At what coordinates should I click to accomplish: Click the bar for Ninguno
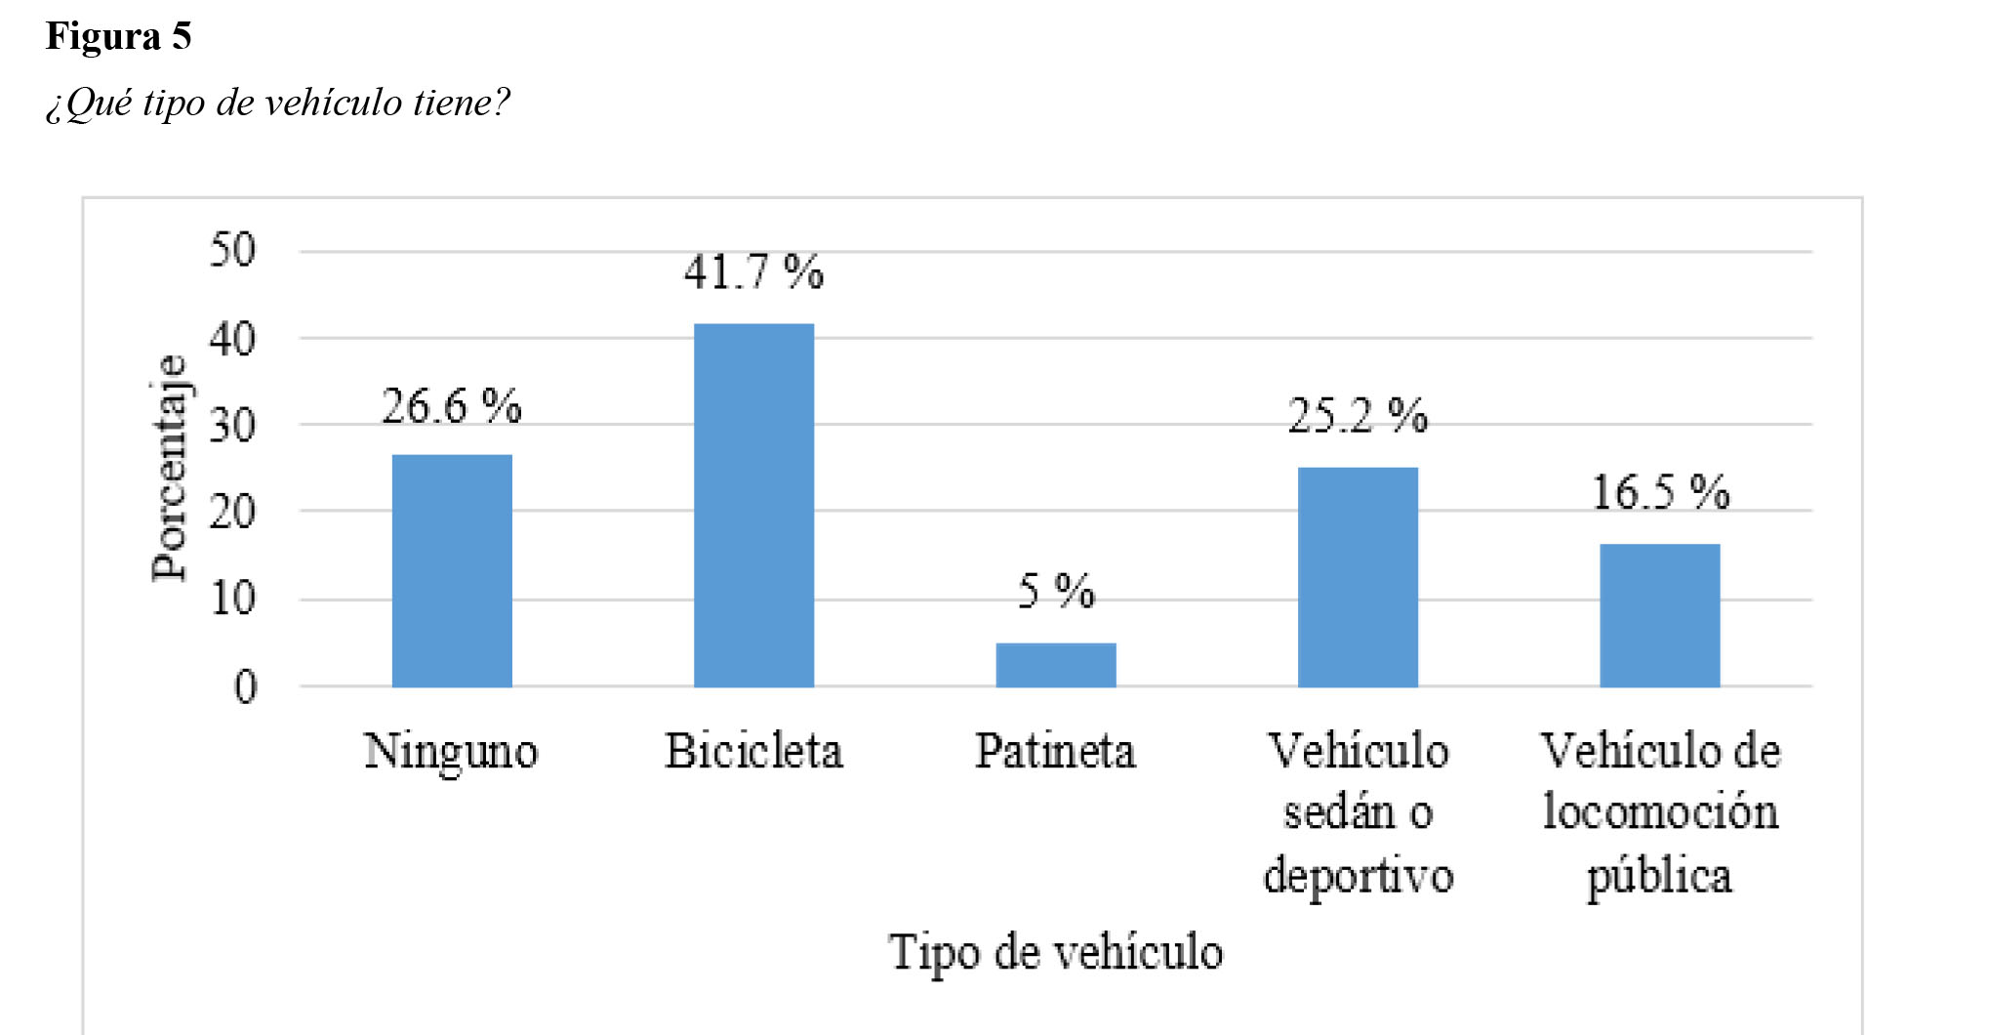[x=452, y=571]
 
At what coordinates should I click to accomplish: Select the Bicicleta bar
[x=753, y=506]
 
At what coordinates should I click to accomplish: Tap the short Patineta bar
[x=1055, y=665]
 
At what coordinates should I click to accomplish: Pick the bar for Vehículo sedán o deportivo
[x=1358, y=577]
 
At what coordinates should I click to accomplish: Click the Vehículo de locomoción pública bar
[x=1659, y=615]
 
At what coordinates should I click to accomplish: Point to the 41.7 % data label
[x=753, y=272]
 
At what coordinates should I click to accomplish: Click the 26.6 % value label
[x=451, y=406]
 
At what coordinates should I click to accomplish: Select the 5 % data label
[x=1056, y=592]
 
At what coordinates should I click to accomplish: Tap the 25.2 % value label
[x=1358, y=417]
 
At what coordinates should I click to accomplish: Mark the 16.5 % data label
[x=1660, y=492]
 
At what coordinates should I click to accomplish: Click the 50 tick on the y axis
[x=232, y=250]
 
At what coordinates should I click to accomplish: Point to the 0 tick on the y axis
[x=245, y=687]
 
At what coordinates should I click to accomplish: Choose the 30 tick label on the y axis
[x=232, y=426]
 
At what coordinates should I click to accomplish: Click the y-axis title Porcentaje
[x=169, y=469]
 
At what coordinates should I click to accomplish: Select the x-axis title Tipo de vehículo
[x=1055, y=952]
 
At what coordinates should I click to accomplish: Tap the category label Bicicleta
[x=753, y=752]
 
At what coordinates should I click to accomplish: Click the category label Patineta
[x=1055, y=752]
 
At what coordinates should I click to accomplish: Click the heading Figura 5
[x=119, y=37]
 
